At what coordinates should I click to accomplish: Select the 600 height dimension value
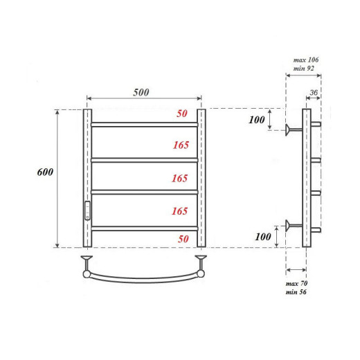(46, 172)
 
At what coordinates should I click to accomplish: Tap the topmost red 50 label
(182, 114)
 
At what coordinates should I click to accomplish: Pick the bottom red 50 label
(182, 239)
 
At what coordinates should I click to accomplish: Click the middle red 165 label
(180, 178)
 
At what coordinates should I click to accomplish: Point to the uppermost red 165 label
(180, 145)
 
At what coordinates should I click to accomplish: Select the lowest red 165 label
(180, 210)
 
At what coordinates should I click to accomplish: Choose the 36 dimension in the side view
(314, 92)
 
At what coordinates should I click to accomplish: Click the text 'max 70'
(296, 284)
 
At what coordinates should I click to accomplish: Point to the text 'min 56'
(296, 293)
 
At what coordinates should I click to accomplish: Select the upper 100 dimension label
(257, 120)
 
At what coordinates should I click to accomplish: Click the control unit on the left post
(88, 209)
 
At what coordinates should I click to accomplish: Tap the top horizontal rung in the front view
(144, 125)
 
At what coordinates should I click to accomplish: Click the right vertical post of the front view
(201, 178)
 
